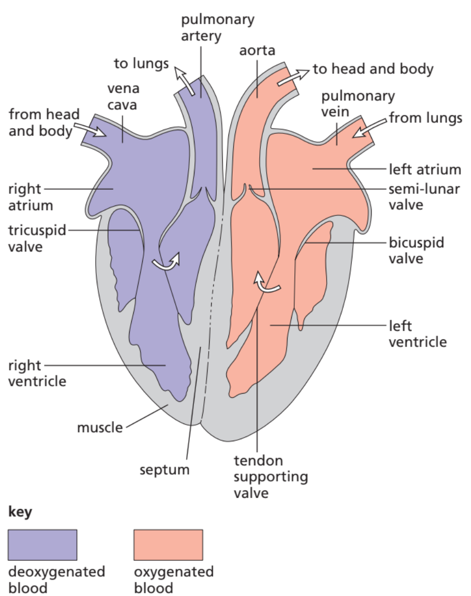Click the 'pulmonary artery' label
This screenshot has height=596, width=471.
217,28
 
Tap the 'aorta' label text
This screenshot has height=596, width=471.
257,51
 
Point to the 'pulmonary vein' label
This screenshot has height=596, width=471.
358,104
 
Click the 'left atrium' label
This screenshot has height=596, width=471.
425,169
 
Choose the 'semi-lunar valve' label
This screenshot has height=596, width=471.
424,196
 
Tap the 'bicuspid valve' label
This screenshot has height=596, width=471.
416,250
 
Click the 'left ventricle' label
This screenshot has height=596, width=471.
418,334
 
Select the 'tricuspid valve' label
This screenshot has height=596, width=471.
37,238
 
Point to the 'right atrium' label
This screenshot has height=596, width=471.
31,197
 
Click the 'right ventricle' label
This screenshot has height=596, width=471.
37,373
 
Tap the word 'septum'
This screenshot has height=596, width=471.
164,469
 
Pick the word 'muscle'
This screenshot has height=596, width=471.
100,427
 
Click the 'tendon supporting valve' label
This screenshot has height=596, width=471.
270,476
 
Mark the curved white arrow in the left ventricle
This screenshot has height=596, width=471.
267,282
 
